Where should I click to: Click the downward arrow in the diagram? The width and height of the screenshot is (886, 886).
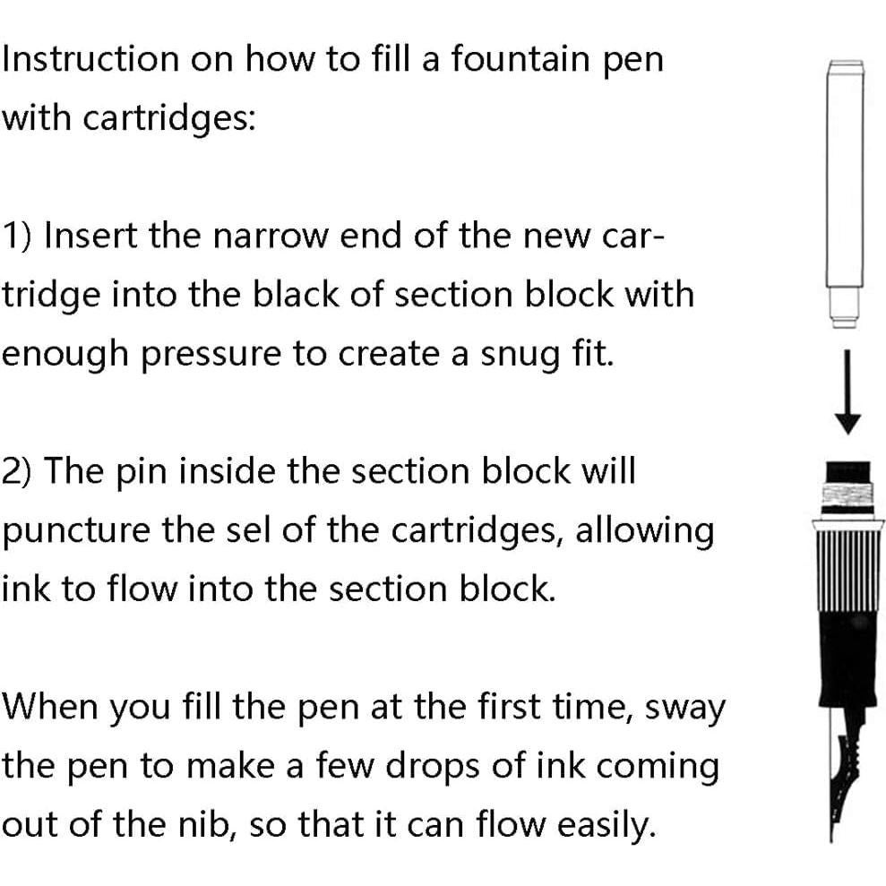847,394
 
